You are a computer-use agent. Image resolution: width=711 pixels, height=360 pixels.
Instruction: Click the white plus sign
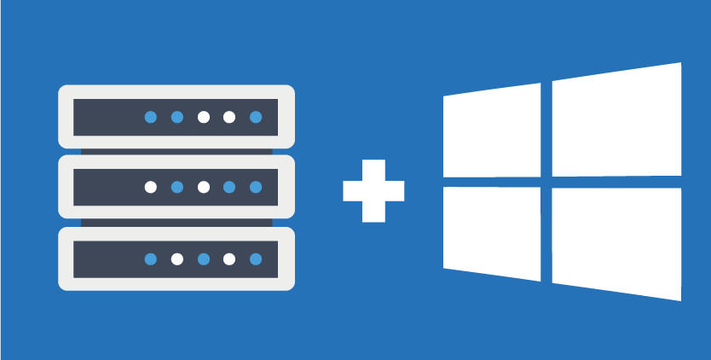373,190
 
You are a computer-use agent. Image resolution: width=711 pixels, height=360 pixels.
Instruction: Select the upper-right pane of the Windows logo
616,121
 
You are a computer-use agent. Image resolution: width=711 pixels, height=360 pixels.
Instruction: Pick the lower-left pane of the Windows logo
492,232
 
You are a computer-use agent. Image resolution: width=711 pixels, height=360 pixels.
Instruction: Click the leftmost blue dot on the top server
151,117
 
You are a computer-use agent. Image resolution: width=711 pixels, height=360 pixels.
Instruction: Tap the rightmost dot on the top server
256,117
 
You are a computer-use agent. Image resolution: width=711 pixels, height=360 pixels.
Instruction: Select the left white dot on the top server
203,117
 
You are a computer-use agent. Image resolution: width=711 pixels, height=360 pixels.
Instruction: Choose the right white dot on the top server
229,117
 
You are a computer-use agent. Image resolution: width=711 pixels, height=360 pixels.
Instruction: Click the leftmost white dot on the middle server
151,187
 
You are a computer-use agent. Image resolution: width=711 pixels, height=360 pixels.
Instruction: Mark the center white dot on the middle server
203,187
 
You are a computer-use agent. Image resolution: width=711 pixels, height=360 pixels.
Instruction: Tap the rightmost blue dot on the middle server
256,187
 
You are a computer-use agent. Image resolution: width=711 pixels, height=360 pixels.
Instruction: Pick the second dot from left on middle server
177,187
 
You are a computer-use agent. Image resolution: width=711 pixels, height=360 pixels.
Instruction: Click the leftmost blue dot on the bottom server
151,258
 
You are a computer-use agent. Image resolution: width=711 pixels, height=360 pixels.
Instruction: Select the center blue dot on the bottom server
203,258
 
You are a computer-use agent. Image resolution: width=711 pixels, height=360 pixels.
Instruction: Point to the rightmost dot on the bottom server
256,258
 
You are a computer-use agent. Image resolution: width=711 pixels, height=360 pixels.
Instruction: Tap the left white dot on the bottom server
177,258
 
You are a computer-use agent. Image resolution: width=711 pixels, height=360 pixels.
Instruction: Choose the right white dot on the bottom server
229,258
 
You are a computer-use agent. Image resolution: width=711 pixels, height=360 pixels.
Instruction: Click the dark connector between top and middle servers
176,152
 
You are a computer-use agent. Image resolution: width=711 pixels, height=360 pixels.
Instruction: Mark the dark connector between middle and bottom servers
176,223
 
